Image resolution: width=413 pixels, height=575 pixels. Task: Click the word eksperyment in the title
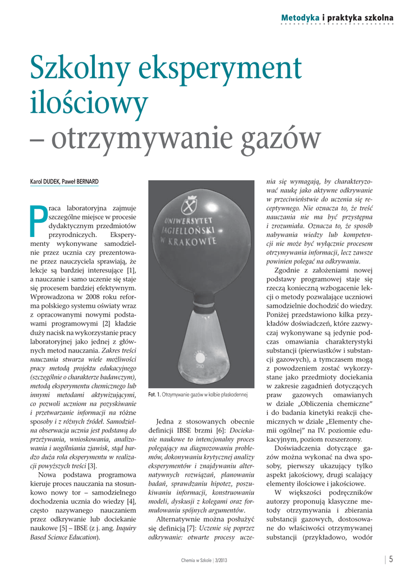coord(215,70)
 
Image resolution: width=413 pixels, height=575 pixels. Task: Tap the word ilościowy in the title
coord(89,102)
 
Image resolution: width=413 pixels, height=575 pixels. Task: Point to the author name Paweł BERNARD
coord(81,182)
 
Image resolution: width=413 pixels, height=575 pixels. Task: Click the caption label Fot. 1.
coord(155,395)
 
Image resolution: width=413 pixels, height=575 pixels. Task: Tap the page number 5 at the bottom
coord(391,559)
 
